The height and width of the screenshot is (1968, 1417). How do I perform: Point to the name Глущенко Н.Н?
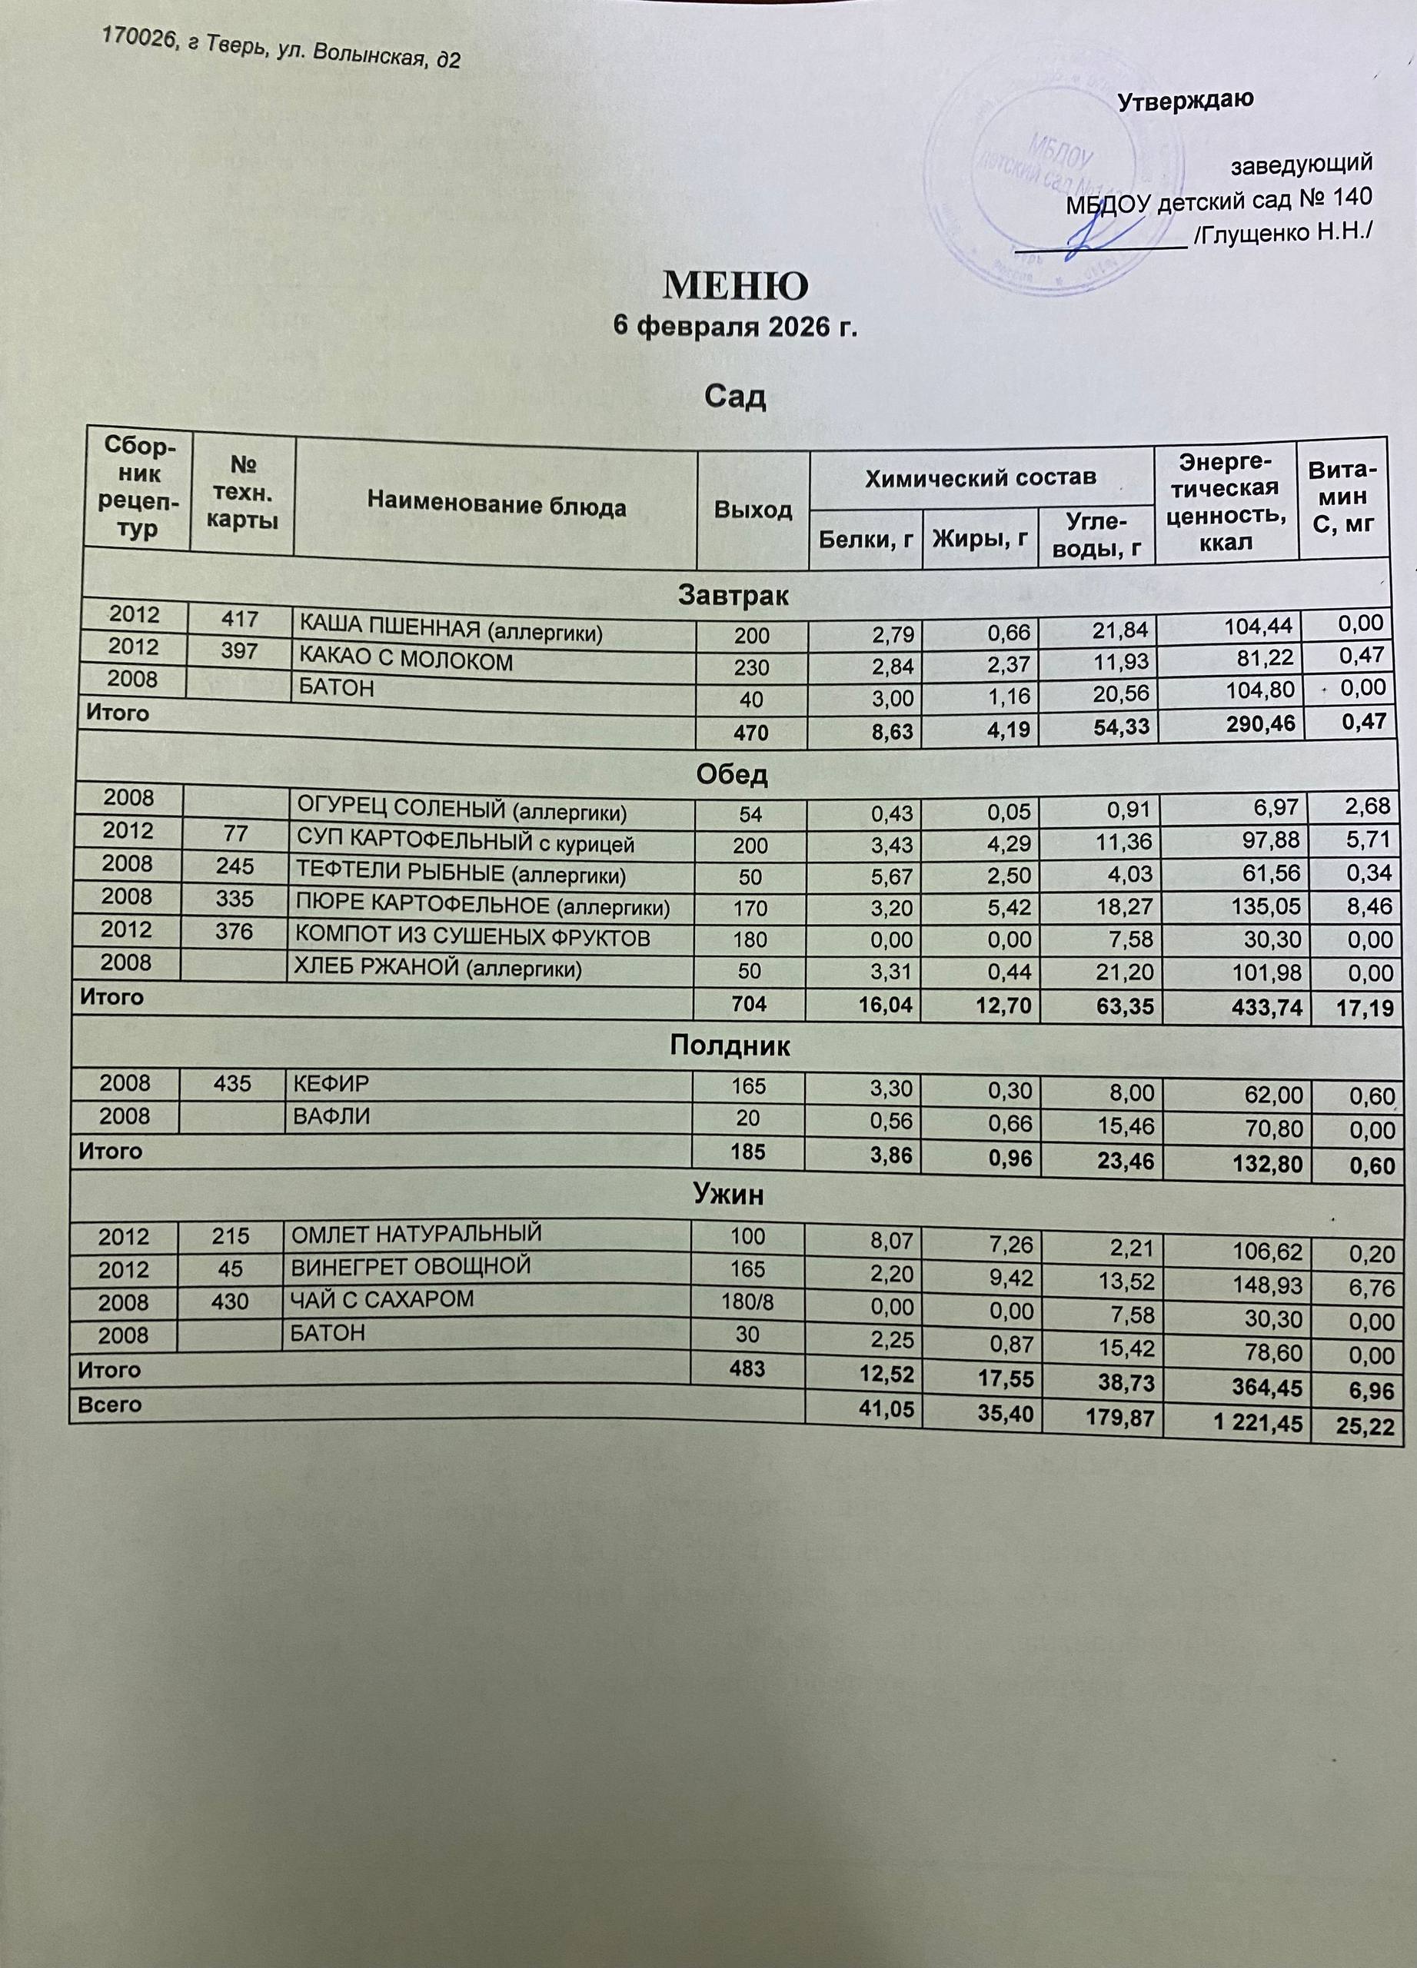click(x=1282, y=231)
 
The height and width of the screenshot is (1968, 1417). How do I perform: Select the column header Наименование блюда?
click(x=497, y=506)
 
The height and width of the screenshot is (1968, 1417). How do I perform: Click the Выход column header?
click(x=753, y=510)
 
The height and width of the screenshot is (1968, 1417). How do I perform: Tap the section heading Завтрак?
click(x=733, y=596)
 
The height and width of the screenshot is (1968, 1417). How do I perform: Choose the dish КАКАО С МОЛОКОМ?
click(x=405, y=661)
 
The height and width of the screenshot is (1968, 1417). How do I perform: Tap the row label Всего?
click(x=109, y=1403)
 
